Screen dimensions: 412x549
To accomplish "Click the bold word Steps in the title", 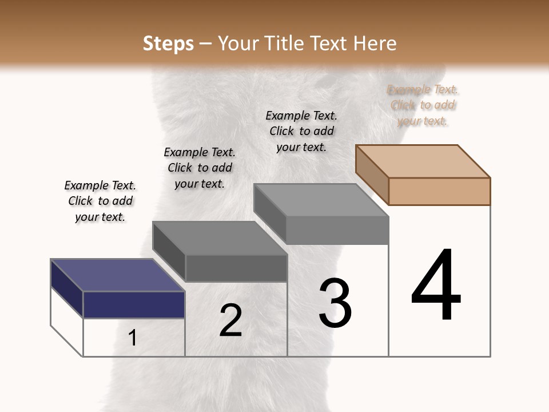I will (x=168, y=43).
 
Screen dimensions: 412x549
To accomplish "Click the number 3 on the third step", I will (x=335, y=303).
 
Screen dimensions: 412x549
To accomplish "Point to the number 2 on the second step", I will (x=230, y=320).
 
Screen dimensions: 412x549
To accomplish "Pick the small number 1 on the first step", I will (x=133, y=338).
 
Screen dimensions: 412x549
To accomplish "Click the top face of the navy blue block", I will (x=117, y=275).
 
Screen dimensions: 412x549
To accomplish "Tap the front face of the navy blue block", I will (x=134, y=304).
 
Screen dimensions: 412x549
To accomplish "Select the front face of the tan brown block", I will (x=439, y=191).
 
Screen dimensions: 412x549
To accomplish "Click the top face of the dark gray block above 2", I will (x=220, y=238).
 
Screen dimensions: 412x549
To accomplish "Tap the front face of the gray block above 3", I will (x=337, y=230).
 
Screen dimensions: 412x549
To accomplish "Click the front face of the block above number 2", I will (x=236, y=268).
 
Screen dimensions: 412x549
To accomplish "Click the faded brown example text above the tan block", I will (x=423, y=105).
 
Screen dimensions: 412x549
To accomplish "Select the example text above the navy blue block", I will (x=100, y=201).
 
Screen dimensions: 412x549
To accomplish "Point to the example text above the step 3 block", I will (x=301, y=131).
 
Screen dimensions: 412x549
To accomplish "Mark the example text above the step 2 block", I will (x=200, y=168).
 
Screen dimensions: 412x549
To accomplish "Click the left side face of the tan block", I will (x=372, y=174).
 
